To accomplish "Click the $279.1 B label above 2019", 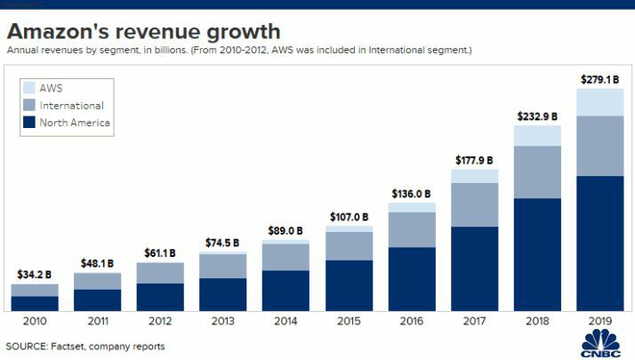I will tap(601, 80).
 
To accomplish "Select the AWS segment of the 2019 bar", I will tap(601, 101).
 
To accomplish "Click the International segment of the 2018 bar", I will tap(538, 172).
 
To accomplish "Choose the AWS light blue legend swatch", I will tap(28, 88).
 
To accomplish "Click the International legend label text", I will tap(72, 106).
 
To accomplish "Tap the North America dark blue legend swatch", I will tap(28, 123).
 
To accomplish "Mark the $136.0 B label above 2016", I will tap(412, 193).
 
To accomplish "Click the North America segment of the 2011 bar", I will tap(97, 300).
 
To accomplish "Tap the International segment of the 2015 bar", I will tap(349, 245).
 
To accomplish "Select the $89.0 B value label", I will tap(286, 231).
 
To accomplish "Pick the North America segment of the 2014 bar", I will tap(286, 290).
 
